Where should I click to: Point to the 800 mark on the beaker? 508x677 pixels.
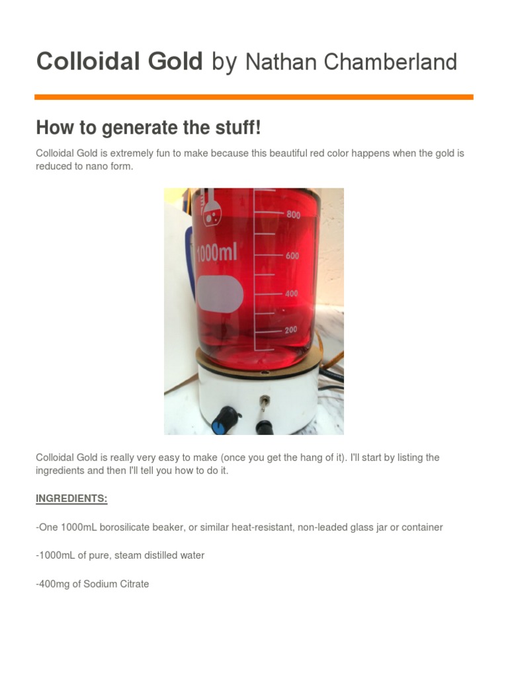pos(293,215)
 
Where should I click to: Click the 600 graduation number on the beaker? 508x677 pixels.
pos(292,256)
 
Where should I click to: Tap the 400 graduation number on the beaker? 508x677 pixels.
pos(292,294)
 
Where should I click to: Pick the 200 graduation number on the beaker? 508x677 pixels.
pos(291,329)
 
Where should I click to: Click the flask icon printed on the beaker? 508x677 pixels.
pos(212,210)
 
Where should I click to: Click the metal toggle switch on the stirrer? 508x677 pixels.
pos(263,405)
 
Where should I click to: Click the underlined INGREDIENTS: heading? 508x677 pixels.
pos(71,498)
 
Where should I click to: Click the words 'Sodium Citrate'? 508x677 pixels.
pos(116,584)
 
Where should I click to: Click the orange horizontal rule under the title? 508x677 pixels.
pos(254,97)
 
